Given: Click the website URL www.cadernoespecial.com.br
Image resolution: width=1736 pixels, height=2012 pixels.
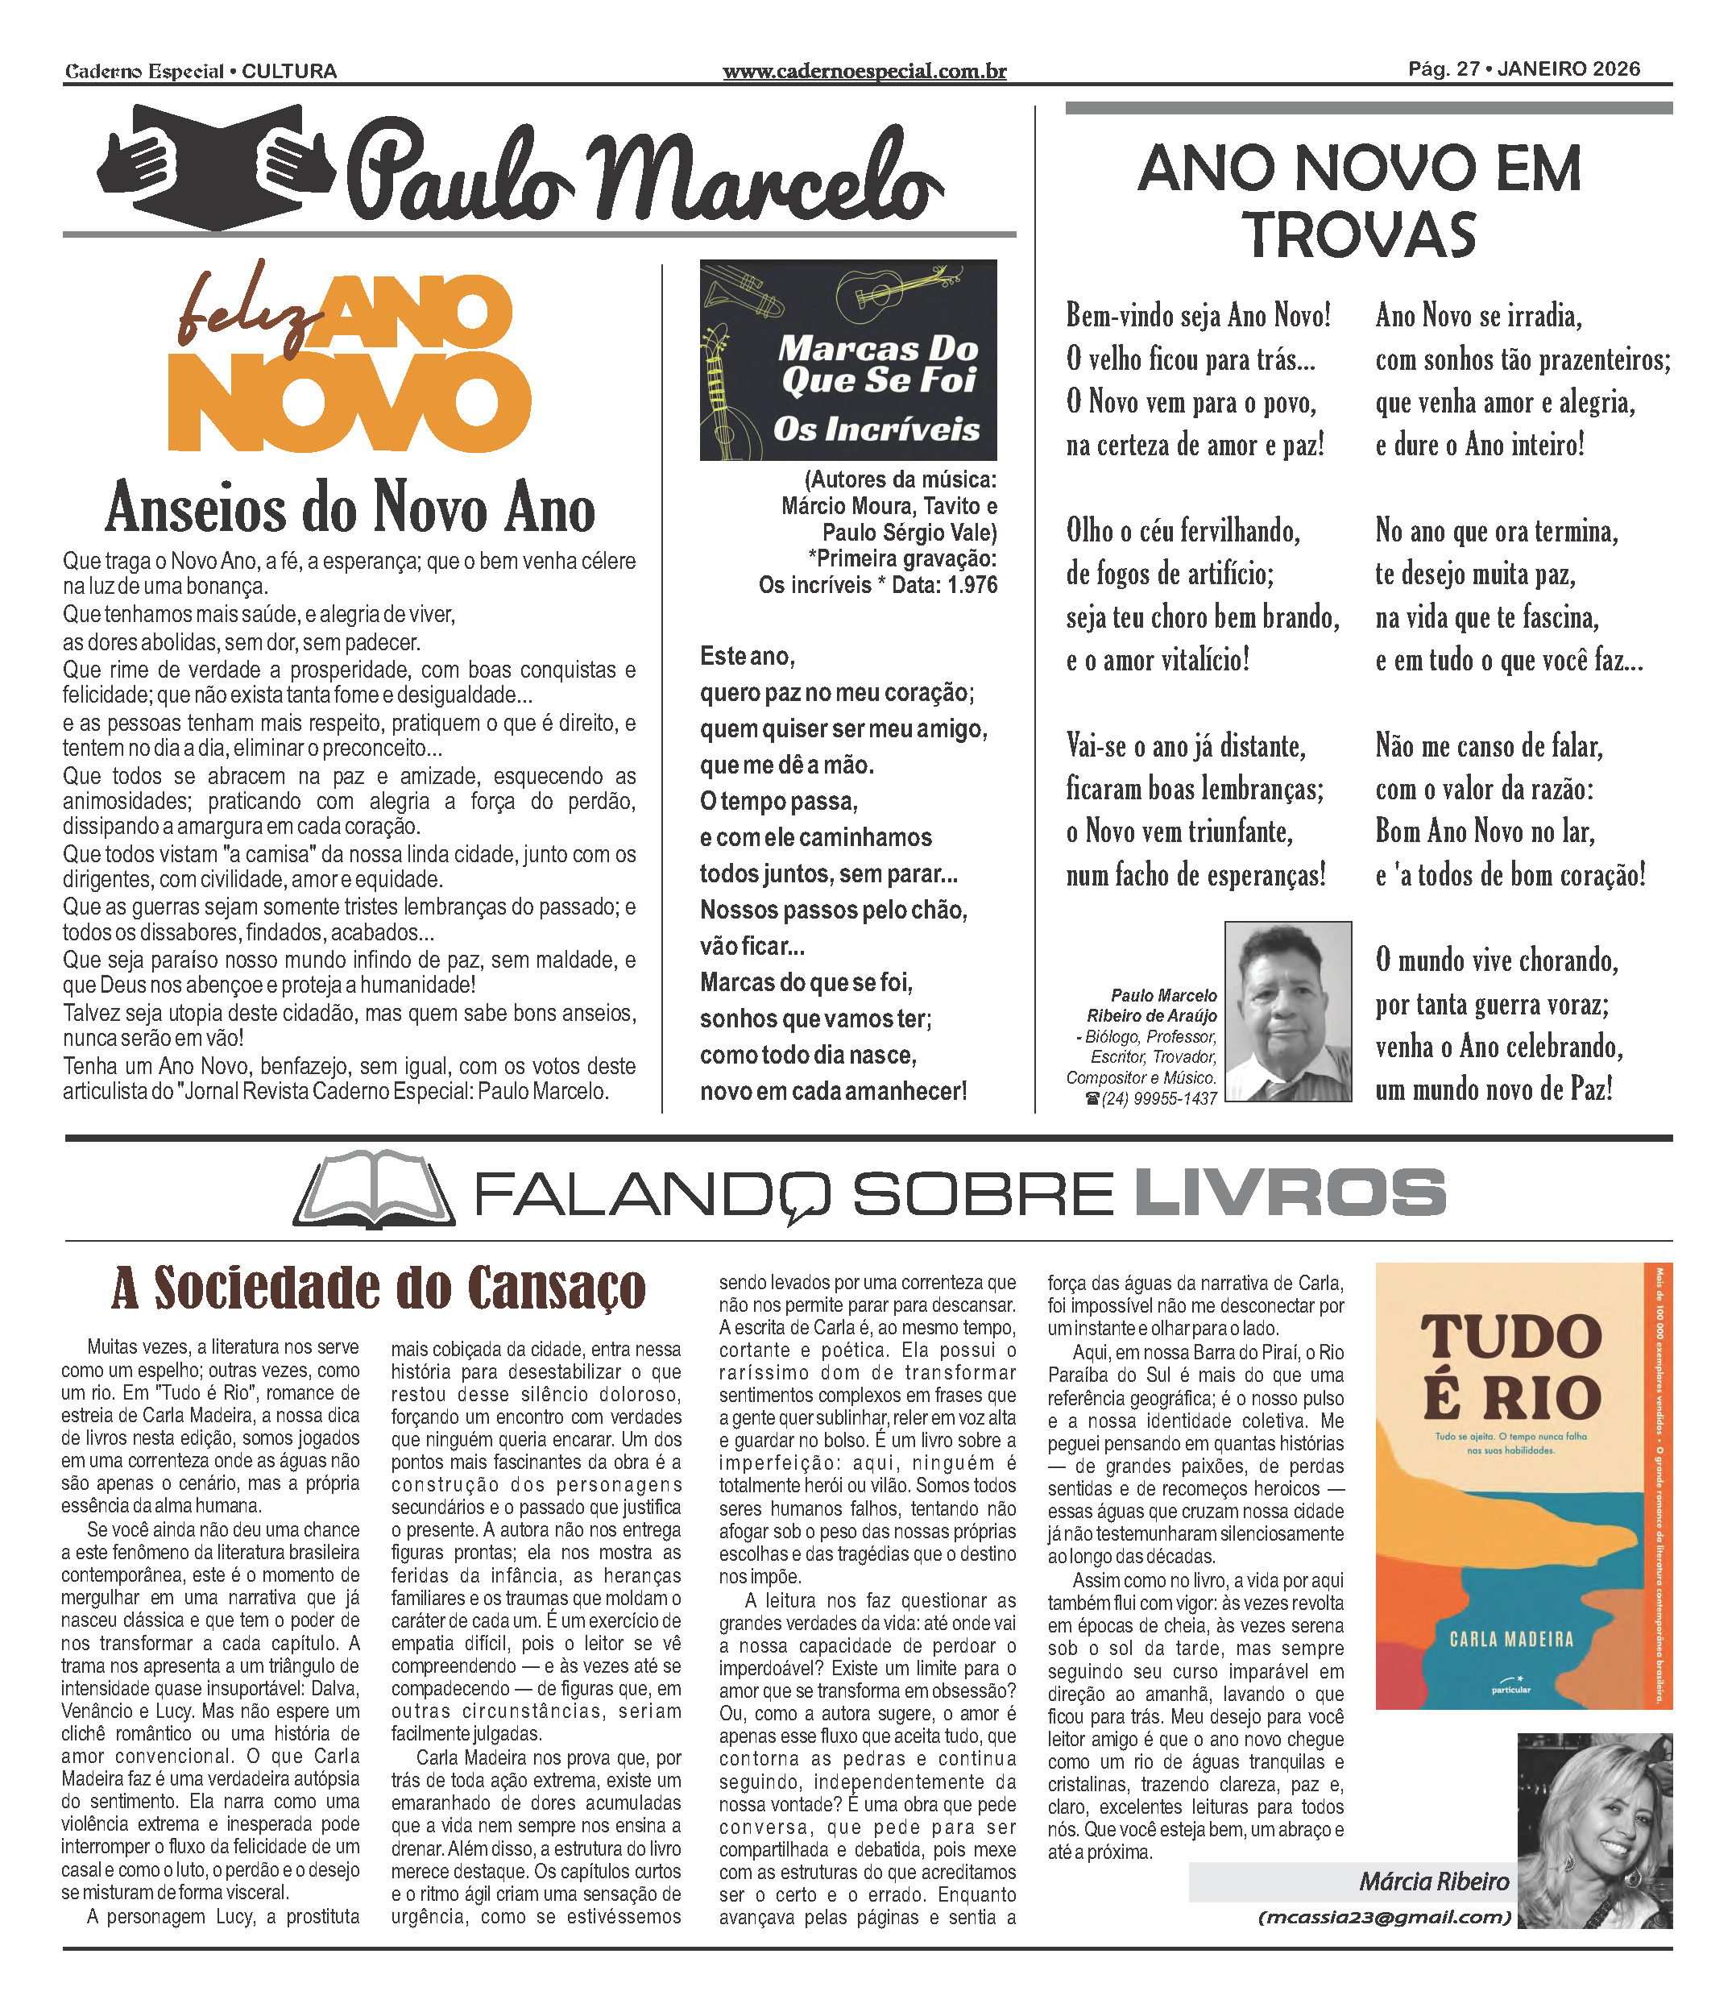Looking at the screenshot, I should pyautogui.click(x=864, y=71).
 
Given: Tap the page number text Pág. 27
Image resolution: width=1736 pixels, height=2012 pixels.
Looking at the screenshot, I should pyautogui.click(x=1444, y=69).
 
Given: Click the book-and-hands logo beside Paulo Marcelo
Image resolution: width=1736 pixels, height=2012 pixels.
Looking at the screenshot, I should pyautogui.click(x=216, y=167).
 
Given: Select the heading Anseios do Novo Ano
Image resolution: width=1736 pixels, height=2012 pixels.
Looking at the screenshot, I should pyautogui.click(x=350, y=508).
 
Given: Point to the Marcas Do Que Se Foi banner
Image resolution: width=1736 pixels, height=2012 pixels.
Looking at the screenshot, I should pyautogui.click(x=847, y=359).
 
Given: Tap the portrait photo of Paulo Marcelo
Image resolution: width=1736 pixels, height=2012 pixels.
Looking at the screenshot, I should pyautogui.click(x=1287, y=1011).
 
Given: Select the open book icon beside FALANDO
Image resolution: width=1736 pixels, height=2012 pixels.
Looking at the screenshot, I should pyautogui.click(x=374, y=1193).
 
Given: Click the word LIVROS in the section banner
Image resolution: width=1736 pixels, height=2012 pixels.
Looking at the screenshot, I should pyautogui.click(x=1290, y=1193).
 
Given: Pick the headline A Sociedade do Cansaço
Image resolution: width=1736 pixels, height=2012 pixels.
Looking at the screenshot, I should pyautogui.click(x=379, y=1288).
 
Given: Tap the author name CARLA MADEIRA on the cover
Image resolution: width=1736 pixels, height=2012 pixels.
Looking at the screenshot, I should pyautogui.click(x=1510, y=1640).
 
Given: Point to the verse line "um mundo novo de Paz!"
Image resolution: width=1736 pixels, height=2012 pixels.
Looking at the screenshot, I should pyautogui.click(x=1494, y=1089).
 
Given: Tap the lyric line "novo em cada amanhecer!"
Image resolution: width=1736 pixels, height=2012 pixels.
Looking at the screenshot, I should pyautogui.click(x=833, y=1092).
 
